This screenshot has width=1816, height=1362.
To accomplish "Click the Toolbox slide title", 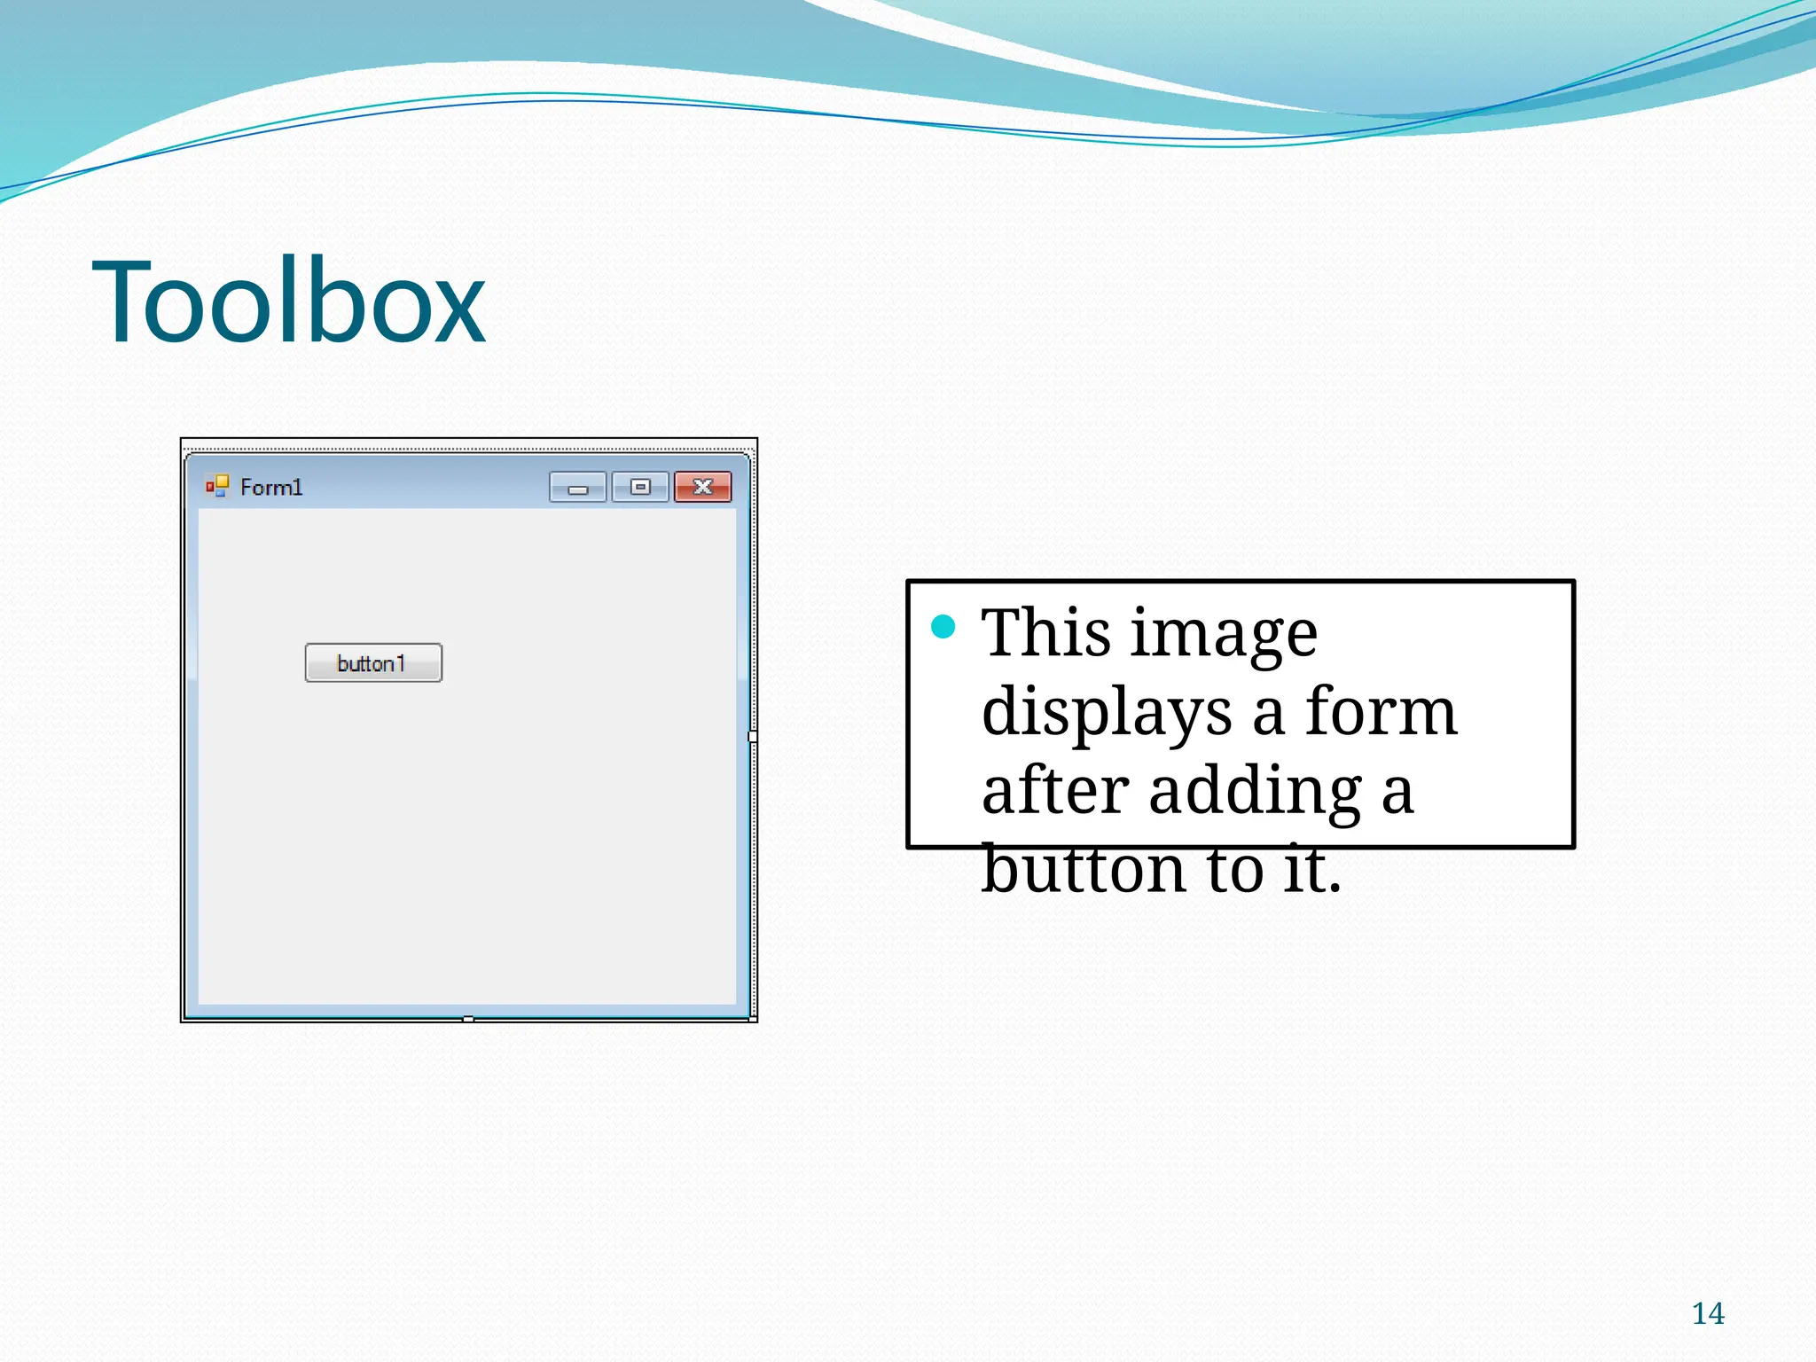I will coord(288,301).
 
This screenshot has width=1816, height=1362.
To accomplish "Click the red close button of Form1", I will coord(702,487).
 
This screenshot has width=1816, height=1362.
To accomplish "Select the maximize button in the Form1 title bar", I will coord(640,487).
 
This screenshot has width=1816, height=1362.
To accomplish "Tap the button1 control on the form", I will coord(373,663).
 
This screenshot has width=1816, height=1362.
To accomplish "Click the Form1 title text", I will coord(271,488).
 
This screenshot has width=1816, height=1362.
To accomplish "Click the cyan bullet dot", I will coord(943,627).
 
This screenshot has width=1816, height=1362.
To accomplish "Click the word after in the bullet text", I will coord(1055,790).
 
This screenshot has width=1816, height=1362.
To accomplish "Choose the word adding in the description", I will coord(1255,792).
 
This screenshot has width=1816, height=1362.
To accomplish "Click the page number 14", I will coord(1708,1313).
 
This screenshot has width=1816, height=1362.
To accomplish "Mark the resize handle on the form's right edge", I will coord(753,737).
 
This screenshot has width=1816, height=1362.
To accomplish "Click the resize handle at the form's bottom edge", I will coord(468,1020).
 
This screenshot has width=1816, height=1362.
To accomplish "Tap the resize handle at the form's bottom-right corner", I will coord(753,1020).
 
